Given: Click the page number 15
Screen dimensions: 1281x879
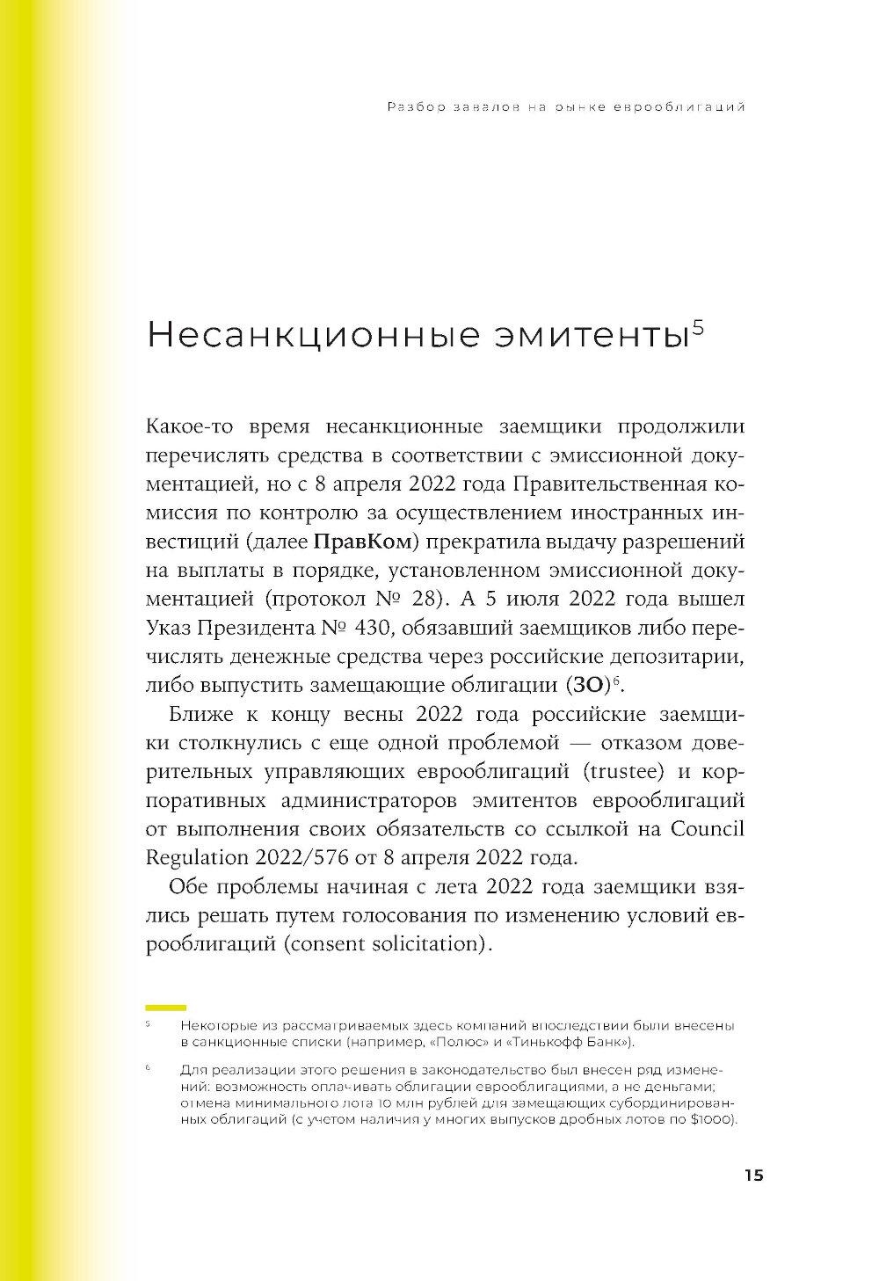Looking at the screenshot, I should (x=753, y=1175).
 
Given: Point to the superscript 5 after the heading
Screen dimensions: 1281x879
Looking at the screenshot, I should (x=699, y=326).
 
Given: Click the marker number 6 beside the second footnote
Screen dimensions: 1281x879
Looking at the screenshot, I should (x=148, y=1068).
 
